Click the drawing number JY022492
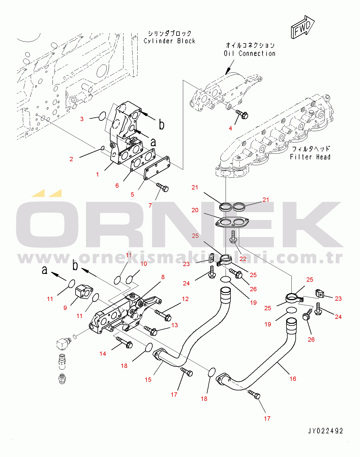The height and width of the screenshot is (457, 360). pyautogui.click(x=325, y=431)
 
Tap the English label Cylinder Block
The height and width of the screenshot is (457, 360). pyautogui.click(x=169, y=41)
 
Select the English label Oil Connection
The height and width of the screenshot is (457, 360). pyautogui.click(x=250, y=53)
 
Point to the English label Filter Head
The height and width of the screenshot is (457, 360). pyautogui.click(x=310, y=157)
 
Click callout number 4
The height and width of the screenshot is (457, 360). pyautogui.click(x=230, y=128)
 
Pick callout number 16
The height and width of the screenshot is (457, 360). pyautogui.click(x=293, y=379)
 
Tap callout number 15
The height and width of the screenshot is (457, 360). pyautogui.click(x=148, y=379)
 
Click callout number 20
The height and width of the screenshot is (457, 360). pyautogui.click(x=195, y=210)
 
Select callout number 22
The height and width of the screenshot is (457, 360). pyautogui.click(x=243, y=259)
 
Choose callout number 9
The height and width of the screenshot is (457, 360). pyautogui.click(x=65, y=308)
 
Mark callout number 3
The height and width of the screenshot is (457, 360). pyautogui.click(x=82, y=119)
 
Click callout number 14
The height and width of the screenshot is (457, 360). pyautogui.click(x=103, y=353)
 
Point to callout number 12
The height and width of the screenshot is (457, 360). pyautogui.click(x=185, y=299)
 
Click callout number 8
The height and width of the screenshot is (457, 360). pyautogui.click(x=163, y=277)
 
